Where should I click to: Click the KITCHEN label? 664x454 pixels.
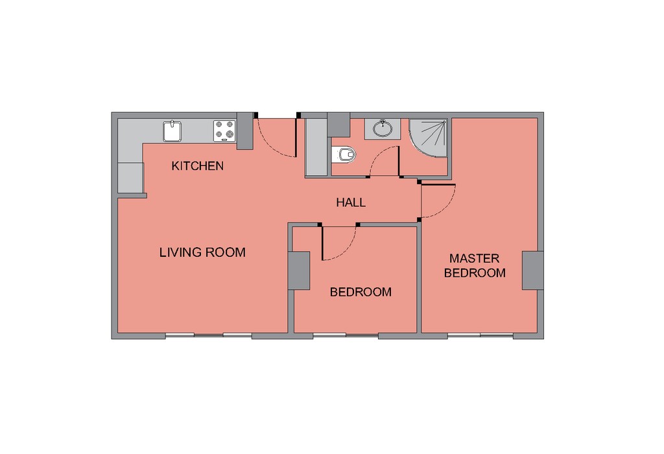[x=197, y=165]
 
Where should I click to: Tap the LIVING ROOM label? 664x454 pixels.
[x=202, y=252]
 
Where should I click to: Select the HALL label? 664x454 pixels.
[x=351, y=202]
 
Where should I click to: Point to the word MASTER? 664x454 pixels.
[x=474, y=258]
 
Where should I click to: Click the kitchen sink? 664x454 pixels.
[x=172, y=131]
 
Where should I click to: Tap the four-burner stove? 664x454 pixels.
[x=224, y=131]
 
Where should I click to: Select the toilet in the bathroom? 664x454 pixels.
[x=344, y=154]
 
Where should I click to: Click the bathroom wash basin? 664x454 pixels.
[x=383, y=129]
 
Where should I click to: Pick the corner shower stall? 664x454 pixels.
[x=428, y=138]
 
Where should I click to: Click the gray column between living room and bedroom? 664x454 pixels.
[x=299, y=270]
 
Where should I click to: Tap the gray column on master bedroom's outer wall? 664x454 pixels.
[x=533, y=270]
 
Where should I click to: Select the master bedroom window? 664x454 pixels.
[x=480, y=335]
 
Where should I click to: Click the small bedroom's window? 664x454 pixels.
[x=346, y=335]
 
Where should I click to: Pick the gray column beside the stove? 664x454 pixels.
[x=244, y=131]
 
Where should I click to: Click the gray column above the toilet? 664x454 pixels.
[x=338, y=125]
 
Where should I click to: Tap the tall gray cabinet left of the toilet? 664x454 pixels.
[x=316, y=147]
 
